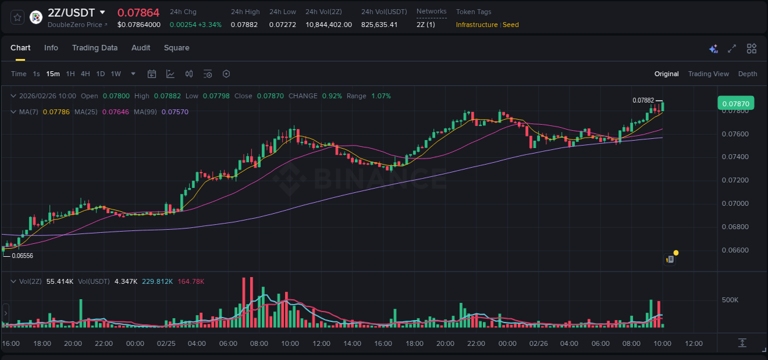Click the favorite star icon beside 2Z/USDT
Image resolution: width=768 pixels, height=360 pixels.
click(x=17, y=17)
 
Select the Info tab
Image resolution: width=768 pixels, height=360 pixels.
click(x=51, y=48)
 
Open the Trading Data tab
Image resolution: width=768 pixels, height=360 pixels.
click(x=95, y=48)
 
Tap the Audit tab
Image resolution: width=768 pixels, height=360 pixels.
click(x=141, y=48)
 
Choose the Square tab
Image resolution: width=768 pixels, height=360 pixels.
click(x=176, y=48)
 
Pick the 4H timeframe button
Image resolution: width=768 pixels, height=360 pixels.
click(x=85, y=74)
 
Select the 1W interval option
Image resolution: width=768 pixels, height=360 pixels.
click(x=116, y=74)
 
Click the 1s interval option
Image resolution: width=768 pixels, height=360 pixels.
click(x=36, y=74)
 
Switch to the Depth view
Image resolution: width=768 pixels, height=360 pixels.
click(x=748, y=74)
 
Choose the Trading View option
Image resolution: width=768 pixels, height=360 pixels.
click(x=708, y=74)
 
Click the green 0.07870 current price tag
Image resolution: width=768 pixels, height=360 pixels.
click(x=735, y=103)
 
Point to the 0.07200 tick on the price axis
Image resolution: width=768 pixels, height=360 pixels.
click(x=735, y=180)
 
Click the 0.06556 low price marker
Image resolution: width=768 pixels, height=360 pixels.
click(x=22, y=256)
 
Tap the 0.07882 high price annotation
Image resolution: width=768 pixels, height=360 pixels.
click(x=643, y=100)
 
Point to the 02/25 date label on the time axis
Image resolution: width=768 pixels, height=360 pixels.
click(x=166, y=343)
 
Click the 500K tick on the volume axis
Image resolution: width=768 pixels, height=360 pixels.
click(x=730, y=300)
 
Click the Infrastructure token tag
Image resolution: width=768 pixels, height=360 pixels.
click(x=477, y=25)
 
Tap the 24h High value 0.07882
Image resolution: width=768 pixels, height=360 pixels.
click(x=244, y=25)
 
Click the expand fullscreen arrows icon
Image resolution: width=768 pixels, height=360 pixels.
click(x=732, y=49)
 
